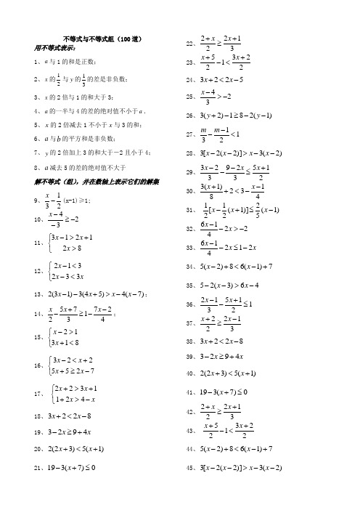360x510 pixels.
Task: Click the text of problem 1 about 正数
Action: coord(69,62)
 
